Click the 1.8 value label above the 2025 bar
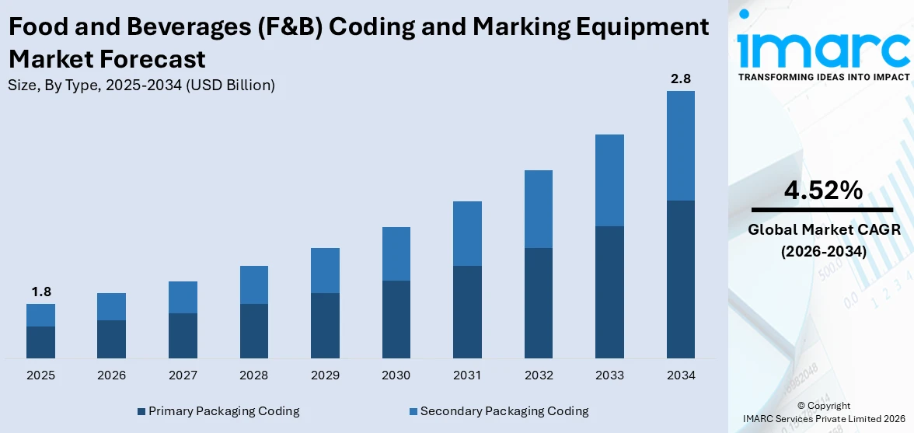point(40,292)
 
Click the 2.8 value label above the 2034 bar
point(680,79)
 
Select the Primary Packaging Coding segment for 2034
point(680,279)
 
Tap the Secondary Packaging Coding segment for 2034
point(680,145)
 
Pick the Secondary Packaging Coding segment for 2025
point(40,315)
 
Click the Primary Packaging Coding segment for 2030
point(396,319)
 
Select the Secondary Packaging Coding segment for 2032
point(538,209)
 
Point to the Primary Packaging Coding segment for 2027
point(183,335)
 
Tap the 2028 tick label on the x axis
point(254,375)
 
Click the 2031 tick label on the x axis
point(467,375)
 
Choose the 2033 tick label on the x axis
point(609,375)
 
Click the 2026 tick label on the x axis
point(112,375)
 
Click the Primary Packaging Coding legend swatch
point(141,411)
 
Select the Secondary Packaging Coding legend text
point(504,411)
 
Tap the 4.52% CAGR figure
point(822,190)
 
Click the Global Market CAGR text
point(822,230)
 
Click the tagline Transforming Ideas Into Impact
point(822,77)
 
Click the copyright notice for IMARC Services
point(823,413)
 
